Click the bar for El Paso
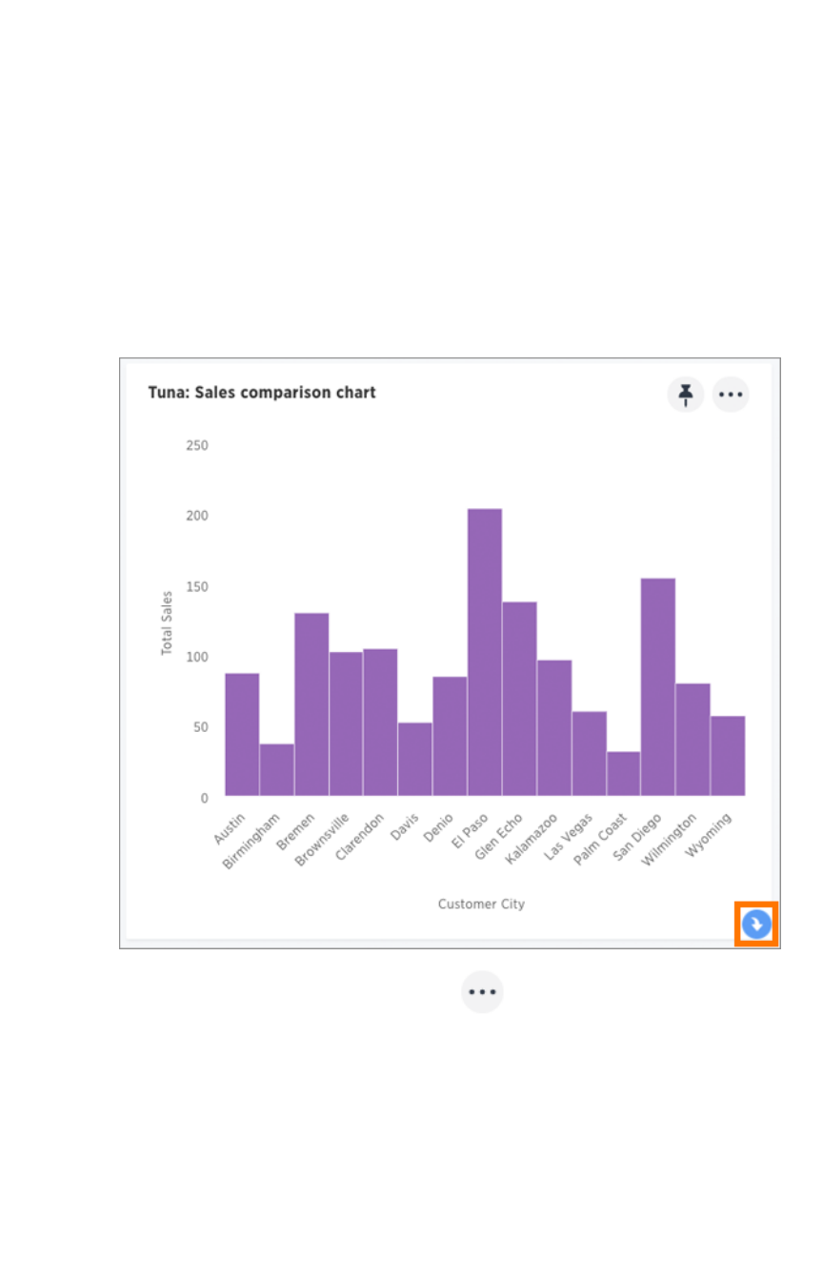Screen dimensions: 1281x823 (485, 652)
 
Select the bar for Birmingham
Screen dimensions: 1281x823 (276, 769)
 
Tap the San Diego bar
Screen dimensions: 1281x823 (658, 686)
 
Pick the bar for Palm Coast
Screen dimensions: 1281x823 (623, 773)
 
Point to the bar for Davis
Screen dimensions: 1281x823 (415, 759)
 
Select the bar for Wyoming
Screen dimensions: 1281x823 (728, 755)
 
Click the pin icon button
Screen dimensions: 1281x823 (685, 394)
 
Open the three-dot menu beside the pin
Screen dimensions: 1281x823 (731, 394)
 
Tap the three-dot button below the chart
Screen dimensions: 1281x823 (482, 992)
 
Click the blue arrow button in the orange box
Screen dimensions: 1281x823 (756, 925)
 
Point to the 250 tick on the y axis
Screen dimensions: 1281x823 (197, 445)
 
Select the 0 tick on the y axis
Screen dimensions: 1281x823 (204, 798)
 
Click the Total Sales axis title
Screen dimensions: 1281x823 (167, 622)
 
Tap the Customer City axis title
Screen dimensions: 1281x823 (481, 904)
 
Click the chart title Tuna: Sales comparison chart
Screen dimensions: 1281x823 (262, 393)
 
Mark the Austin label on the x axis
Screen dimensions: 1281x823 (231, 828)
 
